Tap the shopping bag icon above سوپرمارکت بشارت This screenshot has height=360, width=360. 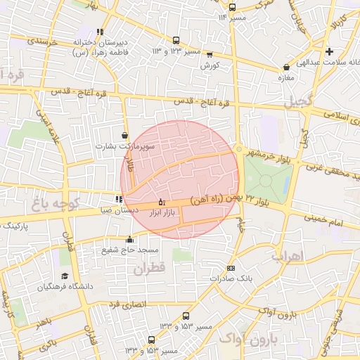coord(125,136)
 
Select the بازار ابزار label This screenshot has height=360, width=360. coord(162,212)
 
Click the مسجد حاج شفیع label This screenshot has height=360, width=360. coord(130,250)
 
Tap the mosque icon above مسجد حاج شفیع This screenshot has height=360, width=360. coord(128,239)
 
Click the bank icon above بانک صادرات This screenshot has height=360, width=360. coord(231,268)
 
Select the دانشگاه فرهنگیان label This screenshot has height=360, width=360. coord(65,287)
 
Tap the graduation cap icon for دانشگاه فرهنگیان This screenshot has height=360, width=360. coord(65,276)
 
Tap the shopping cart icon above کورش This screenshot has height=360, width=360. coord(210,55)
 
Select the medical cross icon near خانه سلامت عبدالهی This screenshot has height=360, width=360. coord(329,51)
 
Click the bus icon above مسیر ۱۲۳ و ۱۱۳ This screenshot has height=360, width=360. coord(175,41)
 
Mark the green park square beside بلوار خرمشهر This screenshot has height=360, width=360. coord(266,180)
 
